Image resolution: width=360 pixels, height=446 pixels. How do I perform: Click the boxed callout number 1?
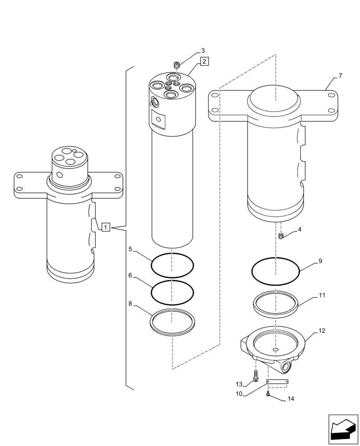(106, 227)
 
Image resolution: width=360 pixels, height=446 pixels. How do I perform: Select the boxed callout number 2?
(203, 61)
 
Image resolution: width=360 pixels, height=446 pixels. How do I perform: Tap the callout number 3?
(203, 50)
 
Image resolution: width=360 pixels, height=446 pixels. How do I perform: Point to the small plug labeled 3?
(177, 66)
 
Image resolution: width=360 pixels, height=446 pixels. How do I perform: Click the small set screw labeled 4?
(281, 236)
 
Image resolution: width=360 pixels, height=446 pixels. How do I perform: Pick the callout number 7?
(340, 76)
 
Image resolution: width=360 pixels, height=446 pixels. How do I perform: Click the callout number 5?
(130, 249)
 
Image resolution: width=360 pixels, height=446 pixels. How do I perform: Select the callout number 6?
(130, 276)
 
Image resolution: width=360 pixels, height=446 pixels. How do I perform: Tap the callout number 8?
(130, 303)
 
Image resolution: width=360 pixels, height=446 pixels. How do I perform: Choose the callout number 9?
(320, 261)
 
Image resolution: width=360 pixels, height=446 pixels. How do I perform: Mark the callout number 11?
(322, 295)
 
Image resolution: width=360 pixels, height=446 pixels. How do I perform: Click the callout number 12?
(322, 330)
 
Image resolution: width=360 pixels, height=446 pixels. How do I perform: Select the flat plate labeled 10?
(277, 381)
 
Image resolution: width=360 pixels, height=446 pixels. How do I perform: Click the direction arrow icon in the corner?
(343, 429)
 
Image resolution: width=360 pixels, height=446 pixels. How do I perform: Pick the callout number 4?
(299, 229)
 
